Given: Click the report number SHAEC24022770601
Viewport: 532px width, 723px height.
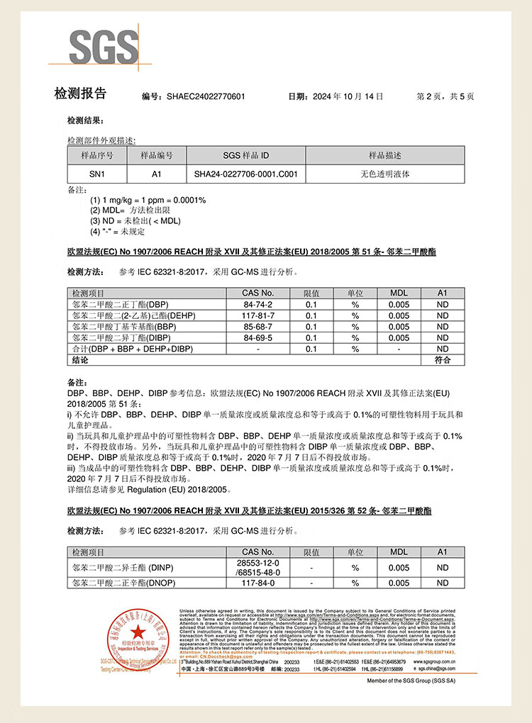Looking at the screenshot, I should pos(206,96).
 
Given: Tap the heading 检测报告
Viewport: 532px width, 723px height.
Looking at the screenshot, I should pos(80,94).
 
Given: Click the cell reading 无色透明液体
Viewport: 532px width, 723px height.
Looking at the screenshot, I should pos(385,173).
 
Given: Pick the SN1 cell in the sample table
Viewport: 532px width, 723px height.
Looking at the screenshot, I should pos(96,173).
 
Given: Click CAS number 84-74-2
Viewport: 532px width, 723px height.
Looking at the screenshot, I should pos(257,304).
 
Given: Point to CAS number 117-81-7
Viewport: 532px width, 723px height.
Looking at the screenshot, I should pos(257,315).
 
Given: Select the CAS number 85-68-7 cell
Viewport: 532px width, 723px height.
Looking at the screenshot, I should pos(257,327).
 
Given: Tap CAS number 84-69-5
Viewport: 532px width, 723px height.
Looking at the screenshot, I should pos(257,338).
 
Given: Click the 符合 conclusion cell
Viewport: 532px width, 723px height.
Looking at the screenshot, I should pos(443,361).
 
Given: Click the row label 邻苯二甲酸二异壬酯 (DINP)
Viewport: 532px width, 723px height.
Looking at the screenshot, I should pos(123,567).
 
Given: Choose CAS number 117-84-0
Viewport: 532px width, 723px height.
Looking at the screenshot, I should pos(257,583).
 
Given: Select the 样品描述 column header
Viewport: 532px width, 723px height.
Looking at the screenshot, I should pos(385,155).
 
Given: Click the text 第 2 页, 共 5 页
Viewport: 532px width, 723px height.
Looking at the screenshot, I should pos(445,96).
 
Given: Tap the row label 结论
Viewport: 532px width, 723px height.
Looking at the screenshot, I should pos(80,361).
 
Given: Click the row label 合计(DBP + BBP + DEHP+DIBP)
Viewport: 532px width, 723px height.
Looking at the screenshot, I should pos(132,349).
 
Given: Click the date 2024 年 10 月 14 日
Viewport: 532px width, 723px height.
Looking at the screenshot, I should pos(348,96).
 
